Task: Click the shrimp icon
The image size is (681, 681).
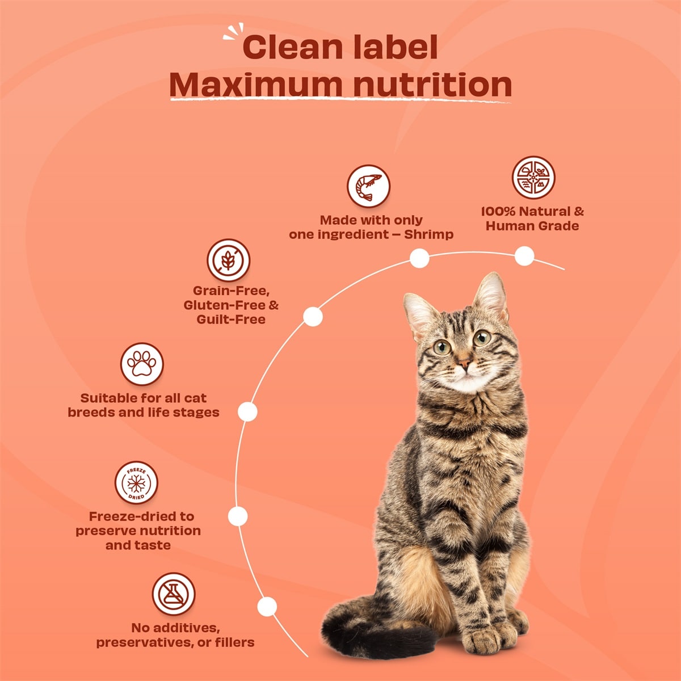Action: pyautogui.click(x=368, y=186)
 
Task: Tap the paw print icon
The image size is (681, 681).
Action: pyautogui.click(x=141, y=364)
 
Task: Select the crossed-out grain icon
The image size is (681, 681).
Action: pyautogui.click(x=228, y=260)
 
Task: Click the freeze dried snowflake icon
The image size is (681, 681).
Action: pyautogui.click(x=136, y=483)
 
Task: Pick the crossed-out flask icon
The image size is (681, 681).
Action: pyautogui.click(x=173, y=594)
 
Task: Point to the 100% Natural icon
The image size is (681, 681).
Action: pyautogui.click(x=533, y=178)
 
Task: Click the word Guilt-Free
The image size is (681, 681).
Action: pyautogui.click(x=231, y=320)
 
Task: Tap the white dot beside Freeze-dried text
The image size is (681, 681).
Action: pyautogui.click(x=238, y=516)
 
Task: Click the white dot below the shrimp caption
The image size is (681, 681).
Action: pyautogui.click(x=419, y=258)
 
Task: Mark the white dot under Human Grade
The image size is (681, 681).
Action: pyautogui.click(x=524, y=256)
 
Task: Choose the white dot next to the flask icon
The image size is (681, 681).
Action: pyautogui.click(x=267, y=607)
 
